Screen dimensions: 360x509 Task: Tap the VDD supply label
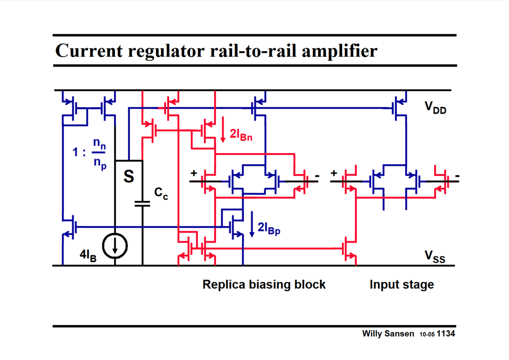pyautogui.click(x=435, y=108)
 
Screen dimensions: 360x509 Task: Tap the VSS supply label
pyautogui.click(x=434, y=257)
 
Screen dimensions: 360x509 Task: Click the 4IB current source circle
pyautogui.click(x=115, y=246)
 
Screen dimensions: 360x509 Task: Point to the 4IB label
pyautogui.click(x=88, y=255)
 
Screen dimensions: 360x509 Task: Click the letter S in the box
pyautogui.click(x=129, y=177)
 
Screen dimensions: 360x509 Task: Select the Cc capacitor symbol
pyautogui.click(x=142, y=204)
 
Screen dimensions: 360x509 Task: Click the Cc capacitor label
pyautogui.click(x=161, y=193)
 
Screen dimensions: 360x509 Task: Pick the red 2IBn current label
pyautogui.click(x=241, y=135)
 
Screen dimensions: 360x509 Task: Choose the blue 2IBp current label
pyautogui.click(x=269, y=228)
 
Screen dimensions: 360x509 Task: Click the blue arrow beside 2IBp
pyautogui.click(x=252, y=224)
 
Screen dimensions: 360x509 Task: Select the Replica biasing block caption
pyautogui.click(x=264, y=284)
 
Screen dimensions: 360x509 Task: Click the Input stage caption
pyautogui.click(x=401, y=284)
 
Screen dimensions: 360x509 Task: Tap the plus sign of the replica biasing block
pyautogui.click(x=194, y=173)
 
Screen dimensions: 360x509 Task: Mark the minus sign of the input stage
pyautogui.click(x=457, y=176)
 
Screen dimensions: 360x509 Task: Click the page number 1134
pyautogui.click(x=446, y=334)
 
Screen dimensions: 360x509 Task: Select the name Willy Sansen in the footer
pyautogui.click(x=388, y=334)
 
